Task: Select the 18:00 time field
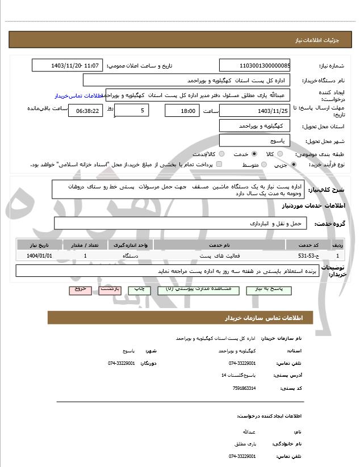(x=182, y=110)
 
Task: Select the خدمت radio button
(x=254, y=154)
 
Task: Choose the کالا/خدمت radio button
(x=221, y=154)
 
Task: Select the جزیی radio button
(x=293, y=165)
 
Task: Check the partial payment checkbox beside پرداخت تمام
(x=219, y=165)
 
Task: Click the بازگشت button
(x=110, y=289)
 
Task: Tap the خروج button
(x=80, y=289)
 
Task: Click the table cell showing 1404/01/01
(x=39, y=256)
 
